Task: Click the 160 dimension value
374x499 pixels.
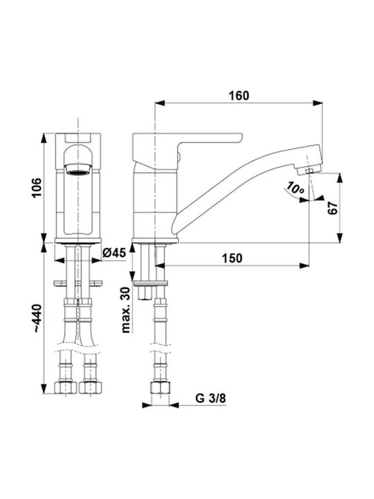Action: (239, 96)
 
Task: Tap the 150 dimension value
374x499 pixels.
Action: (232, 258)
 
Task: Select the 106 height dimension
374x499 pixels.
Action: (37, 188)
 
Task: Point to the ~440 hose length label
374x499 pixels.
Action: (37, 319)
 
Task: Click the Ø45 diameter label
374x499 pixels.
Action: (114, 253)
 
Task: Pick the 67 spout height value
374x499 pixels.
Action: (332, 208)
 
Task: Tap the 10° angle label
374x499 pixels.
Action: (295, 189)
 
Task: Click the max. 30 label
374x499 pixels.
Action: (126, 310)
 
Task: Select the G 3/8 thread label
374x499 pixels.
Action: (211, 398)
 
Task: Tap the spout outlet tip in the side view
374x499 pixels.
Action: (309, 172)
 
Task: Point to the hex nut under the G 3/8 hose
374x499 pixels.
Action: (160, 388)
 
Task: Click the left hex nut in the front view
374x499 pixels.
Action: (66, 387)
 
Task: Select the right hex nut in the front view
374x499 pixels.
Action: (90, 387)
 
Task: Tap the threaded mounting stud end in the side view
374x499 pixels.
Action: (145, 293)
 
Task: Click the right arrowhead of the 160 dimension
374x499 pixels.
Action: (317, 103)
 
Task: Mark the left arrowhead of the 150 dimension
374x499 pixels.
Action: (160, 265)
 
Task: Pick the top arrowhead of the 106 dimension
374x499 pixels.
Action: (44, 138)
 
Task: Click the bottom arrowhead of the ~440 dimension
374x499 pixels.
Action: (44, 389)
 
